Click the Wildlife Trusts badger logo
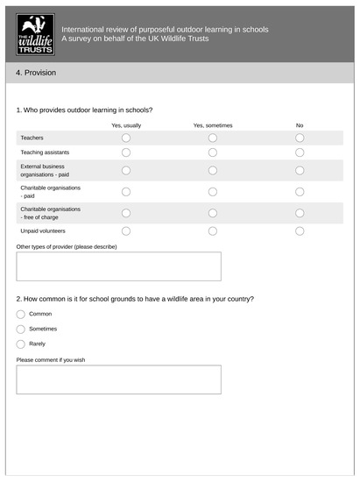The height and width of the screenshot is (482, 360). click(x=36, y=34)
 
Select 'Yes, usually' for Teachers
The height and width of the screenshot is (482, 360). click(x=126, y=138)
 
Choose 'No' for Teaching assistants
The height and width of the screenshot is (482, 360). click(x=300, y=152)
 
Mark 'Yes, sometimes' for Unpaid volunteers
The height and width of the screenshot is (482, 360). click(x=213, y=230)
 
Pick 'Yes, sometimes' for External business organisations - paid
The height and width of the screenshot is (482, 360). click(x=213, y=170)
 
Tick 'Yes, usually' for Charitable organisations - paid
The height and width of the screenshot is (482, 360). click(x=126, y=191)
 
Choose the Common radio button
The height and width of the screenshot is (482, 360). click(x=21, y=314)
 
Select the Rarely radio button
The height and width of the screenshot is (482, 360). click(x=21, y=344)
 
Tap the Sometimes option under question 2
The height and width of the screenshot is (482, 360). click(x=21, y=329)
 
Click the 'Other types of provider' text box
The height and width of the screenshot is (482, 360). click(x=118, y=266)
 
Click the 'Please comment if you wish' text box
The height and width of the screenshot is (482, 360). click(x=118, y=379)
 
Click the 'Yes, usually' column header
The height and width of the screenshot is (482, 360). click(x=126, y=125)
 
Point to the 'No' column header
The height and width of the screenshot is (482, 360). click(x=300, y=125)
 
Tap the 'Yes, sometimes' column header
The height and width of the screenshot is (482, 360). click(x=213, y=125)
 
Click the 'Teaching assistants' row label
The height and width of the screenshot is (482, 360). click(x=45, y=152)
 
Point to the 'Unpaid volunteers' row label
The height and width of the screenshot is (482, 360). click(x=43, y=230)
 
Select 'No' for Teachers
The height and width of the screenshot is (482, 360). click(x=300, y=138)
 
